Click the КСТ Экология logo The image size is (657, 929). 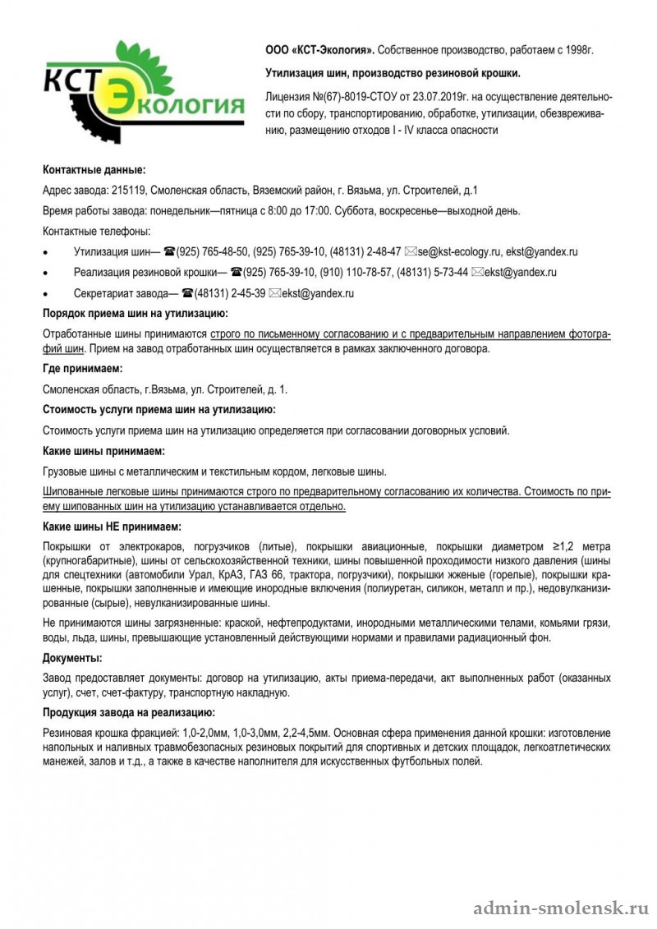click(144, 91)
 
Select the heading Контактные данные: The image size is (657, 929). click(94, 170)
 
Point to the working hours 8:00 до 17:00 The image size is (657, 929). click(296, 211)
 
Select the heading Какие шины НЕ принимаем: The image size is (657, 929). click(112, 526)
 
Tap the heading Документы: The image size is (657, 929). click(72, 658)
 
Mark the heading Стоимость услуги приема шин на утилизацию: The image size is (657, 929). click(159, 409)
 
